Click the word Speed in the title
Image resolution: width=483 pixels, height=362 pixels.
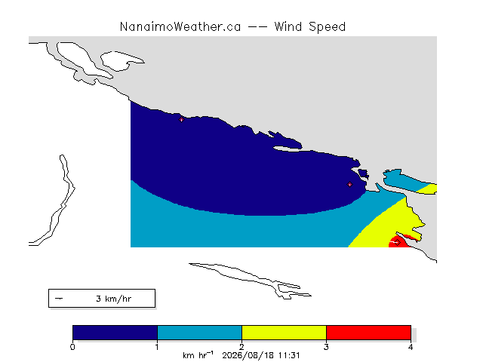click(328, 28)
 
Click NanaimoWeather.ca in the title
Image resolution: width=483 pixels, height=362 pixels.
click(180, 27)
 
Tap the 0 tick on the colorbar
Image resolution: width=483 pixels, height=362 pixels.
click(72, 347)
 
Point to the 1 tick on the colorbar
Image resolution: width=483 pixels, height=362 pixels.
click(157, 347)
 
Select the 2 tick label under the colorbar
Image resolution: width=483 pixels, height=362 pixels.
click(241, 347)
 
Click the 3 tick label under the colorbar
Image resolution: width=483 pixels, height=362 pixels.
click(326, 347)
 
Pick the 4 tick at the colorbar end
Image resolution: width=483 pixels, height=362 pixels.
click(411, 347)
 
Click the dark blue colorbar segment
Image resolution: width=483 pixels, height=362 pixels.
click(115, 333)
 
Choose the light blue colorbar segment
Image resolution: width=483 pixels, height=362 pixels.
click(199, 333)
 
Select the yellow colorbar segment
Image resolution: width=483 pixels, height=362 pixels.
click(284, 333)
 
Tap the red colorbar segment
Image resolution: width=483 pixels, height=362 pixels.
click(368, 333)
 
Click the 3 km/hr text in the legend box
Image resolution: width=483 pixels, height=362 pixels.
click(114, 299)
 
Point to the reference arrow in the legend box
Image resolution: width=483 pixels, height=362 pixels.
click(59, 299)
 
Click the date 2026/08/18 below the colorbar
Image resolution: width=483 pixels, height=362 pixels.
click(248, 355)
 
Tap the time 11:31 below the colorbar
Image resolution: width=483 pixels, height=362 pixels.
click(289, 355)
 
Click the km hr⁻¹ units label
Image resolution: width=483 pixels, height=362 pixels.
click(198, 355)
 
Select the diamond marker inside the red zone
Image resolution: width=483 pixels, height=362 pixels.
click(398, 243)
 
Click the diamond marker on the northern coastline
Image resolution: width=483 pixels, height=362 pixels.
click(181, 120)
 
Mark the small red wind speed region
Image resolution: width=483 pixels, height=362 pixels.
click(399, 241)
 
